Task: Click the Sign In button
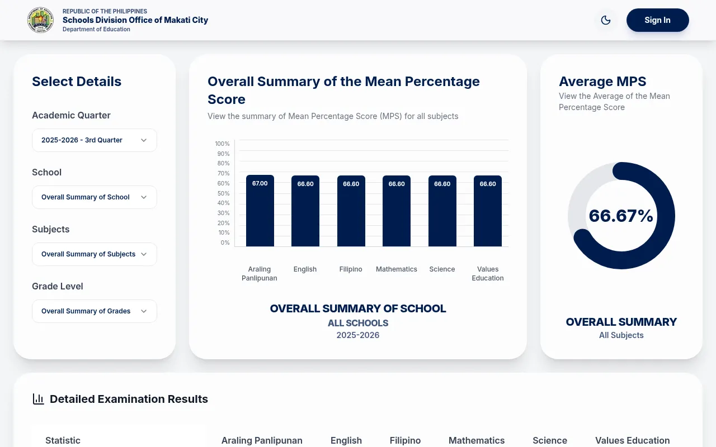pos(657,20)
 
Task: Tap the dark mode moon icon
pos(606,20)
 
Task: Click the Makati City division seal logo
pos(40,20)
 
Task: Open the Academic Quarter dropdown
pos(95,140)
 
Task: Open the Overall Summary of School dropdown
pos(95,197)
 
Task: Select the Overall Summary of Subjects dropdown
pos(95,254)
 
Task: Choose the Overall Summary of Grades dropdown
pos(95,311)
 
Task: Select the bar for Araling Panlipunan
pos(260,211)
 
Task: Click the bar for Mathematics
pos(397,211)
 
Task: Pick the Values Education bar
pos(488,211)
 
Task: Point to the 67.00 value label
pos(260,183)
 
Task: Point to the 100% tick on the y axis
pos(222,144)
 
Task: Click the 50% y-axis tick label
pos(223,193)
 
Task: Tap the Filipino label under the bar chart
pos(351,269)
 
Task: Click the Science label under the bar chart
pos(442,269)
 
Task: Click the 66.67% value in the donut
pos(621,216)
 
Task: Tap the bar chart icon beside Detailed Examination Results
pos(39,399)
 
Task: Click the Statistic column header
pos(63,441)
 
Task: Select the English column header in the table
pos(346,441)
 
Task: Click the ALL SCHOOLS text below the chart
pos(358,323)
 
